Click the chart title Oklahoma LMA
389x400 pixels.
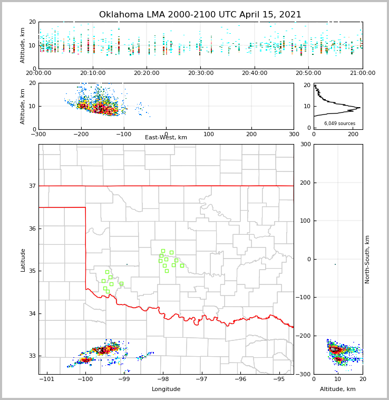pyautogui.click(x=200, y=15)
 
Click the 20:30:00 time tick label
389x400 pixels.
pyautogui.click(x=200, y=73)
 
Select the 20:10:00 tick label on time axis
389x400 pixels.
pyautogui.click(x=92, y=73)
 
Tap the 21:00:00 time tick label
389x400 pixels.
pyautogui.click(x=363, y=73)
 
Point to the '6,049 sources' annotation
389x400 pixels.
pyautogui.click(x=339, y=123)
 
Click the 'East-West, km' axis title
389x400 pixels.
pyautogui.click(x=166, y=138)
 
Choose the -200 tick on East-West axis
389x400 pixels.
pyautogui.click(x=81, y=134)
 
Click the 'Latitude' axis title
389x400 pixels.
pyautogui.click(x=23, y=260)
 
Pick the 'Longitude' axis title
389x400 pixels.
pyautogui.click(x=166, y=389)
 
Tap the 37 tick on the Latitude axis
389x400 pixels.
pyautogui.click(x=32, y=186)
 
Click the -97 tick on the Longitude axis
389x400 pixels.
pyautogui.click(x=202, y=379)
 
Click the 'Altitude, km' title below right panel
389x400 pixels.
pyautogui.click(x=338, y=389)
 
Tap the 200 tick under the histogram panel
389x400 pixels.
pyautogui.click(x=353, y=134)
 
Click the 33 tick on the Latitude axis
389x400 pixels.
pyautogui.click(x=32, y=356)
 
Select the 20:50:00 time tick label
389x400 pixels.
pyautogui.click(x=308, y=73)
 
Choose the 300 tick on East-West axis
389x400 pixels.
pyautogui.click(x=294, y=134)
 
